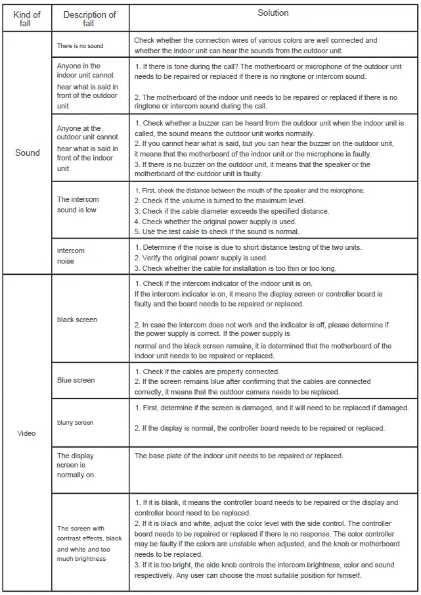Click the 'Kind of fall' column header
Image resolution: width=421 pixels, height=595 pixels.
pyautogui.click(x=27, y=19)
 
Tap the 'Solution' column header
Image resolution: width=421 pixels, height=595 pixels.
pyautogui.click(x=273, y=13)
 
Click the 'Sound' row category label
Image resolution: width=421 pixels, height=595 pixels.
pyautogui.click(x=27, y=153)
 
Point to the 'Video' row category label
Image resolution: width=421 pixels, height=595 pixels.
pyautogui.click(x=27, y=433)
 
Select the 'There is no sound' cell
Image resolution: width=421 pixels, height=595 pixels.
pyautogui.click(x=79, y=46)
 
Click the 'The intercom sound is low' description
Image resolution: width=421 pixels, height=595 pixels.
pyautogui.click(x=78, y=204)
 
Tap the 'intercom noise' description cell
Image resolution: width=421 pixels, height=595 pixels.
pyautogui.click(x=71, y=256)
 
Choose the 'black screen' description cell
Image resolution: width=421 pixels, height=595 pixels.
pyautogui.click(x=77, y=320)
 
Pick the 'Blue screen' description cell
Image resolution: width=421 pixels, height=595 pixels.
pyautogui.click(x=76, y=380)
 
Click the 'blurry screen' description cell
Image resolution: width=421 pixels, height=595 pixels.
pyautogui.click(x=75, y=423)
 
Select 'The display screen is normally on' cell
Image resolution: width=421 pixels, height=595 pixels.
pyautogui.click(x=76, y=465)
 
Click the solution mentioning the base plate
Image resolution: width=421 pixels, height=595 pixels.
pyautogui.click(x=238, y=456)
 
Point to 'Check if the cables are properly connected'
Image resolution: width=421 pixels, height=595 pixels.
pyautogui.click(x=207, y=371)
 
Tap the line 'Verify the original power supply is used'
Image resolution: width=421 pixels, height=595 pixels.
pyautogui.click(x=201, y=258)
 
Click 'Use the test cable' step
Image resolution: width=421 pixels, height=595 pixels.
pyautogui.click(x=216, y=231)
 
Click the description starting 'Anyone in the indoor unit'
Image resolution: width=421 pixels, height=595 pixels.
pyautogui.click(x=87, y=85)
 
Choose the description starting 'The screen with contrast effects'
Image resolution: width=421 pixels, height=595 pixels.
pyautogui.click(x=89, y=544)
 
